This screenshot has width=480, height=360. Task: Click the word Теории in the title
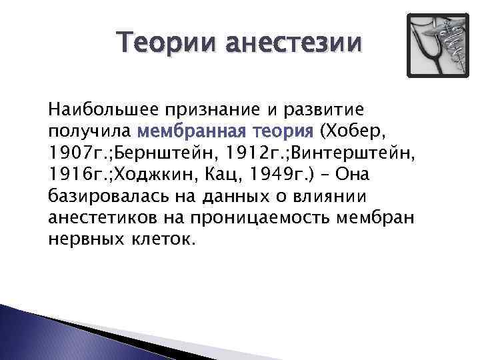(167, 44)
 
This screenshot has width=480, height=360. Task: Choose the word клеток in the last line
(162, 240)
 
